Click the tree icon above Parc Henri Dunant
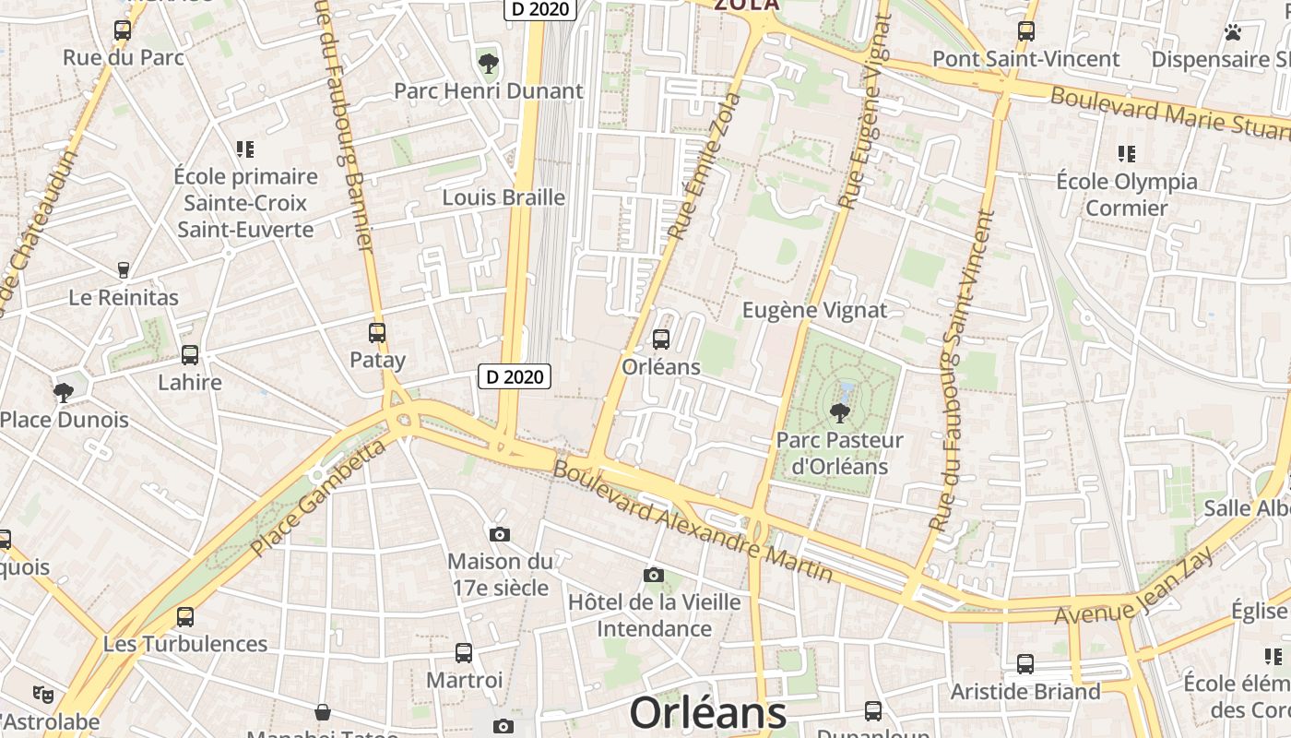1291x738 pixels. [488, 64]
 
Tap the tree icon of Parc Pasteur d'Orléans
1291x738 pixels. [839, 412]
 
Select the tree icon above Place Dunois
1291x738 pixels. [64, 393]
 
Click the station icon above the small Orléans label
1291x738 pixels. [660, 339]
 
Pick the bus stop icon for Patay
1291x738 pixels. [377, 333]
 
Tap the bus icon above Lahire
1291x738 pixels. [190, 355]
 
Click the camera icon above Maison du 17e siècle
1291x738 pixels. [500, 534]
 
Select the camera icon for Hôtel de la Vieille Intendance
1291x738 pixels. [654, 576]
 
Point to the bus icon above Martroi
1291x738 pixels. [464, 653]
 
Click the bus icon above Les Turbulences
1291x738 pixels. [185, 617]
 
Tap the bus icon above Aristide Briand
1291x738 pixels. [1025, 664]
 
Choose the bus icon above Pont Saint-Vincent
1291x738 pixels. [1025, 31]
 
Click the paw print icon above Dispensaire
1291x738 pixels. [1233, 32]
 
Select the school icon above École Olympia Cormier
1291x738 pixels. [1126, 154]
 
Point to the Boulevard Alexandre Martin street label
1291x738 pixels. [693, 522]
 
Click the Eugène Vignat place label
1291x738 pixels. [815, 310]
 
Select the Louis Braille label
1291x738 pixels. [503, 197]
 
